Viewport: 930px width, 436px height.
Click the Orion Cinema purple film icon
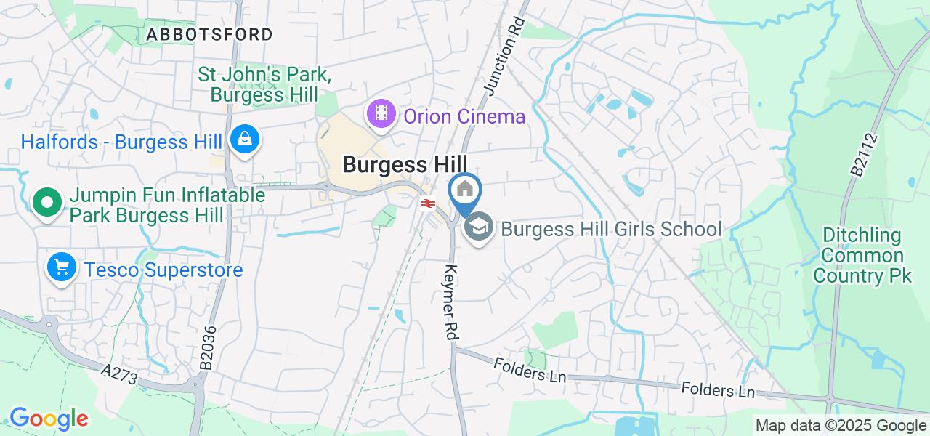pyautogui.click(x=381, y=114)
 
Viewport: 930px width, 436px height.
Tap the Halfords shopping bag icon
pyautogui.click(x=245, y=139)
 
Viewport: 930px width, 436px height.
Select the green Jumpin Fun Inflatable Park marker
pyautogui.click(x=47, y=203)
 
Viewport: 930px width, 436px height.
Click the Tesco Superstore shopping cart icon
pyautogui.click(x=62, y=268)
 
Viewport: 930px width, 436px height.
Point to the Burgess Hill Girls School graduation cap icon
pyautogui.click(x=478, y=227)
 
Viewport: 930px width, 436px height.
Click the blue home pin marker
pyautogui.click(x=464, y=191)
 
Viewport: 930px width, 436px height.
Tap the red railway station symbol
pyautogui.click(x=426, y=203)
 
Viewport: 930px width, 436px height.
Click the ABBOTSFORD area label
pyautogui.click(x=209, y=34)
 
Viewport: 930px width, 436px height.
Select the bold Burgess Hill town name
pyautogui.click(x=405, y=164)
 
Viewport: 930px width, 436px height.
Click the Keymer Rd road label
pyautogui.click(x=450, y=303)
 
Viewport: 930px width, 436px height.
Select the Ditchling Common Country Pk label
pyautogui.click(x=862, y=256)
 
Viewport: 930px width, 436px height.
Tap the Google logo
pyautogui.click(x=48, y=419)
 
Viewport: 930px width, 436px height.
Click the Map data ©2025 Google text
pyautogui.click(x=841, y=426)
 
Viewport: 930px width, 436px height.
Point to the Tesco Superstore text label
pyautogui.click(x=163, y=270)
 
